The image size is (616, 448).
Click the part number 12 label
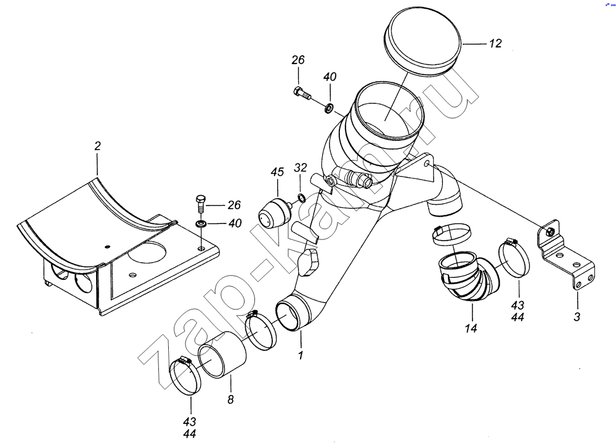(495, 44)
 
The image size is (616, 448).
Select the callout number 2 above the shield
(97, 146)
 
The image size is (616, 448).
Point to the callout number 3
(577, 318)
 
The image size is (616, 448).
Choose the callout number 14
(471, 329)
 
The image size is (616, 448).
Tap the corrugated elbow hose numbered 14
(462, 277)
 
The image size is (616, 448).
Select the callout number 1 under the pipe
(301, 355)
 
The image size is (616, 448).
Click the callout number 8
(232, 399)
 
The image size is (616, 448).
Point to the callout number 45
(277, 173)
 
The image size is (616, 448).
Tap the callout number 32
(300, 167)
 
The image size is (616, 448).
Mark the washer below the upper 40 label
(330, 109)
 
